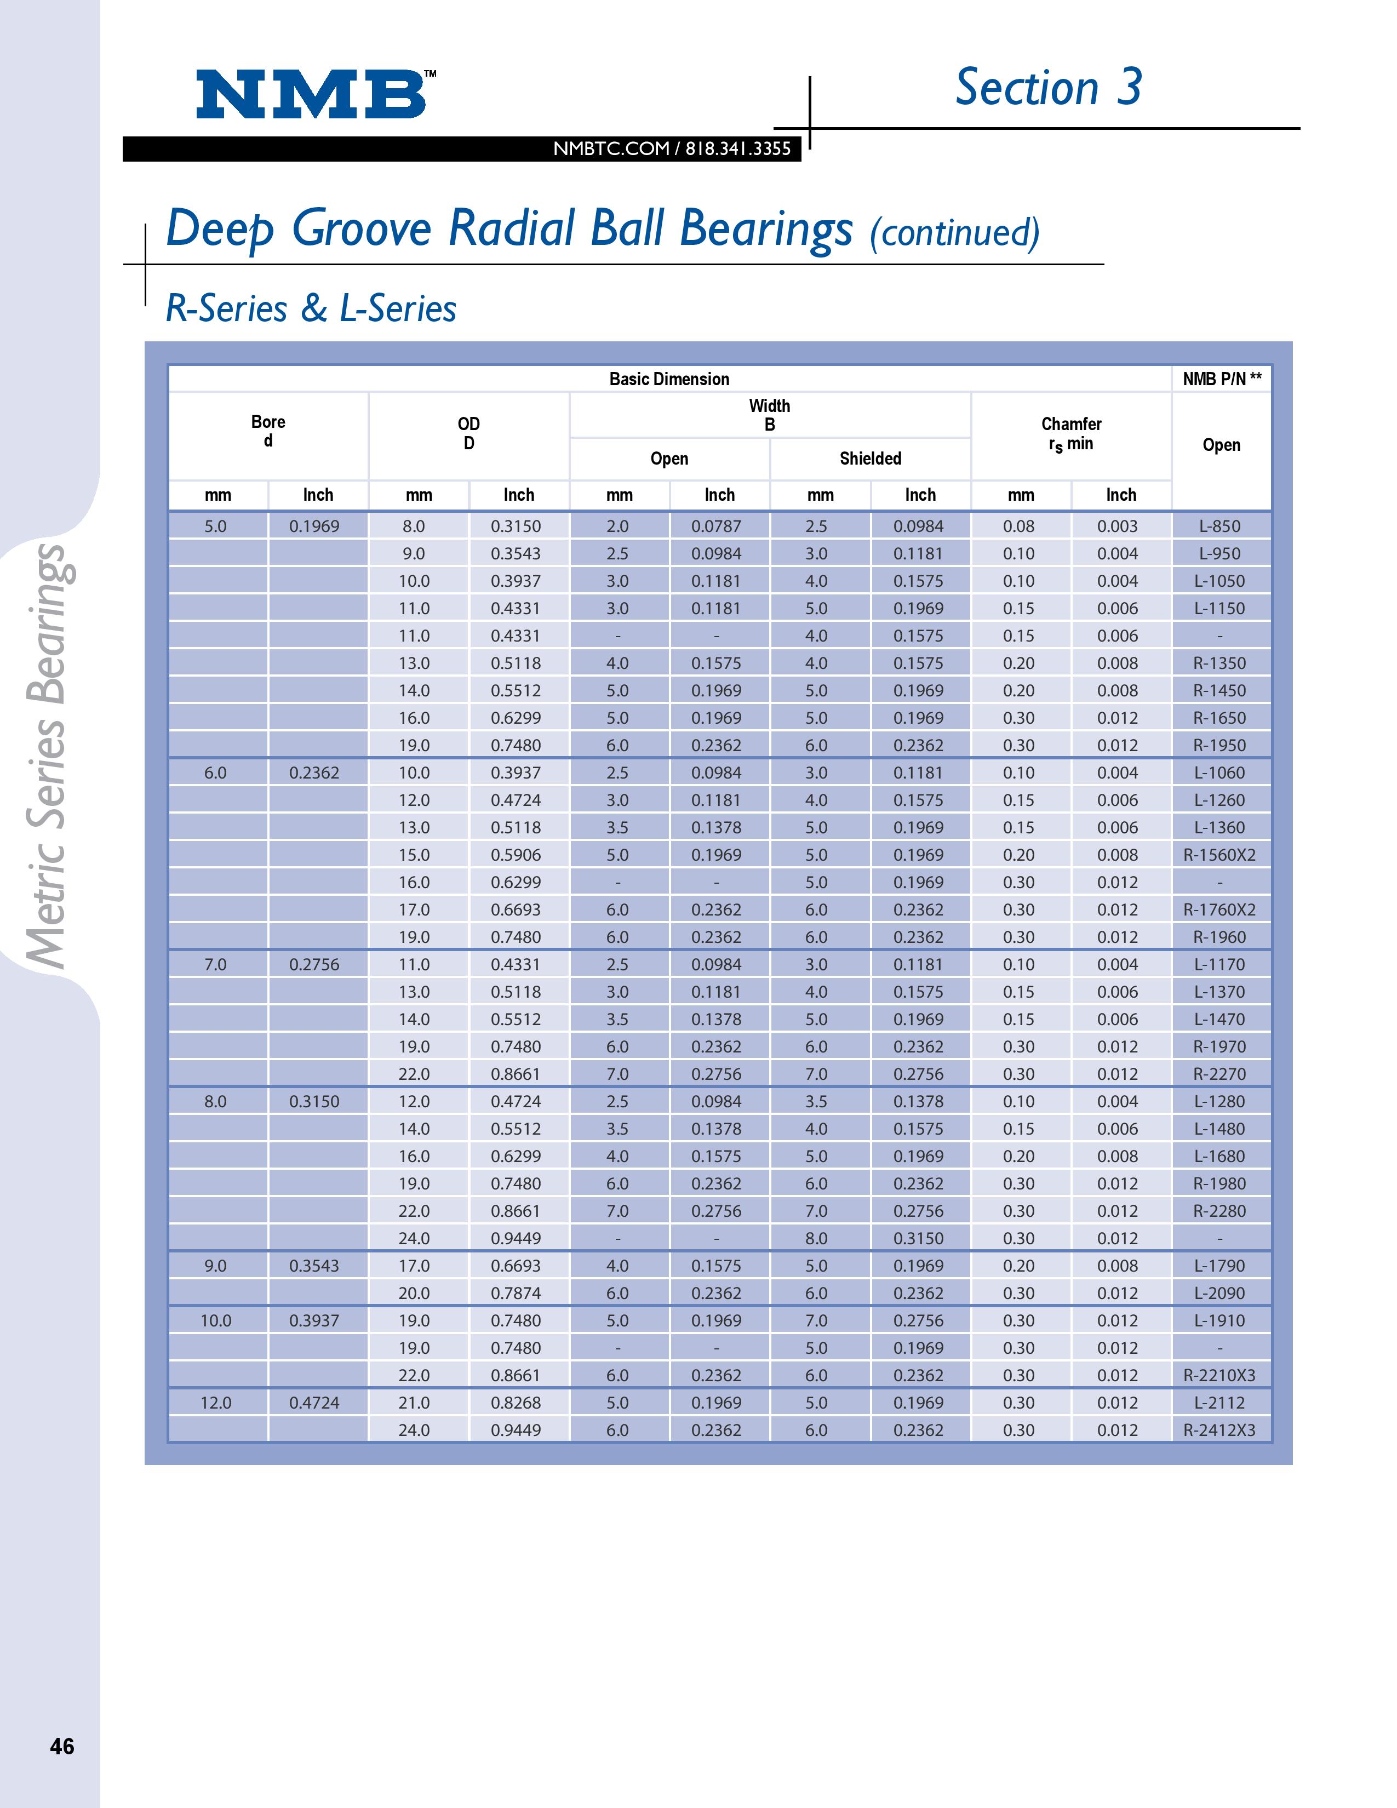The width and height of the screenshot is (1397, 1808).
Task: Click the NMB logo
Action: click(x=312, y=94)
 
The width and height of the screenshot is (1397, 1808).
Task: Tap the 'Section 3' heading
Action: click(x=1047, y=88)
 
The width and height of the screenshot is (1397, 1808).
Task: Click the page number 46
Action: click(x=62, y=1746)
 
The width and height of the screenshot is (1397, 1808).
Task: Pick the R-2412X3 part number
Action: click(x=1220, y=1429)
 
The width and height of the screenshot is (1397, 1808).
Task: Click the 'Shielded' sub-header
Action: click(x=870, y=459)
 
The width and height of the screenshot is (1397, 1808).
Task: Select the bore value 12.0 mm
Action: click(x=216, y=1403)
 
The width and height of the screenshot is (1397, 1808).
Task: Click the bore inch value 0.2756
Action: click(x=314, y=964)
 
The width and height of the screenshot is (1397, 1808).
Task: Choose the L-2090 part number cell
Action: click(x=1220, y=1293)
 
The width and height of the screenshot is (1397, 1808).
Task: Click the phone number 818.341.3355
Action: click(x=738, y=149)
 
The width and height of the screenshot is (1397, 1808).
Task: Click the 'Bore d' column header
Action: click(x=268, y=431)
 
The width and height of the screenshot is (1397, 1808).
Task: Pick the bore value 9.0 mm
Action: click(x=215, y=1266)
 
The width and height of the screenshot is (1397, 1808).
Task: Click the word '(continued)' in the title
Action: click(x=954, y=233)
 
